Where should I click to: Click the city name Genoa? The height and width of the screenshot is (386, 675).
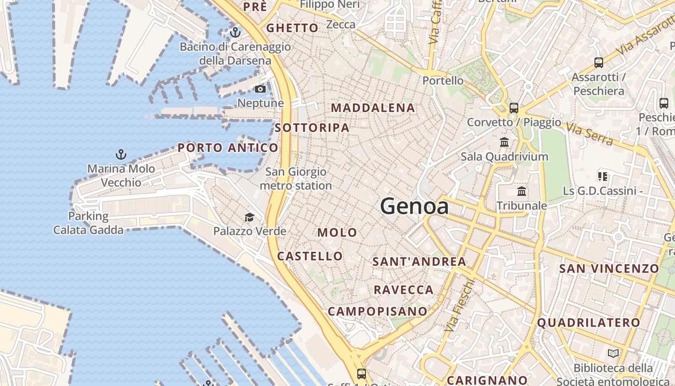pos(414,207)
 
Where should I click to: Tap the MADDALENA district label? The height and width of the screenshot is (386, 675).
pos(373,108)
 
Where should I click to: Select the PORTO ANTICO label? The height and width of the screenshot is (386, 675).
pos(228,148)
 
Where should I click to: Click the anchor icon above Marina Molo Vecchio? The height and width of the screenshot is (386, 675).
pos(121,154)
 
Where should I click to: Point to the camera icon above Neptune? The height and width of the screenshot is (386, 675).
pos(260,89)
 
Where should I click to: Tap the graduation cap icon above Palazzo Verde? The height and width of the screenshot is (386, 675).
pos(249,217)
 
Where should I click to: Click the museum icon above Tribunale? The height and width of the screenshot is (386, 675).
pos(522,192)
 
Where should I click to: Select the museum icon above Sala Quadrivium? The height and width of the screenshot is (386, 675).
pos(504,142)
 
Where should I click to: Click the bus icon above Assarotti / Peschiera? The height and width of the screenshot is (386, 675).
pos(598,62)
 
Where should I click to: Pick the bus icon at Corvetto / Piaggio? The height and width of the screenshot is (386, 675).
pos(514,108)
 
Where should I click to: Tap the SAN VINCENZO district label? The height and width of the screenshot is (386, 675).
pos(608,268)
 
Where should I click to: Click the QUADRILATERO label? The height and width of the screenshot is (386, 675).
pos(589,322)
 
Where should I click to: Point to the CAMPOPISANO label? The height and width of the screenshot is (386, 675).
pos(378,311)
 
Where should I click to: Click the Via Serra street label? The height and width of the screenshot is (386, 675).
pos(590,134)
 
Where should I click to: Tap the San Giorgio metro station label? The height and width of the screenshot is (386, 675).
pos(296,179)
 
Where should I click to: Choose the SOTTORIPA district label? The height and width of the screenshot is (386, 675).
pos(312,127)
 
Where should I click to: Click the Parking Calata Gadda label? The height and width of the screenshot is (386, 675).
pos(88,223)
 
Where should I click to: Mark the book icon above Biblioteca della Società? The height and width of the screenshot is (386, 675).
pos(613,354)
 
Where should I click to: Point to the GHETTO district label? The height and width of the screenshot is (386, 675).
pos(292,28)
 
